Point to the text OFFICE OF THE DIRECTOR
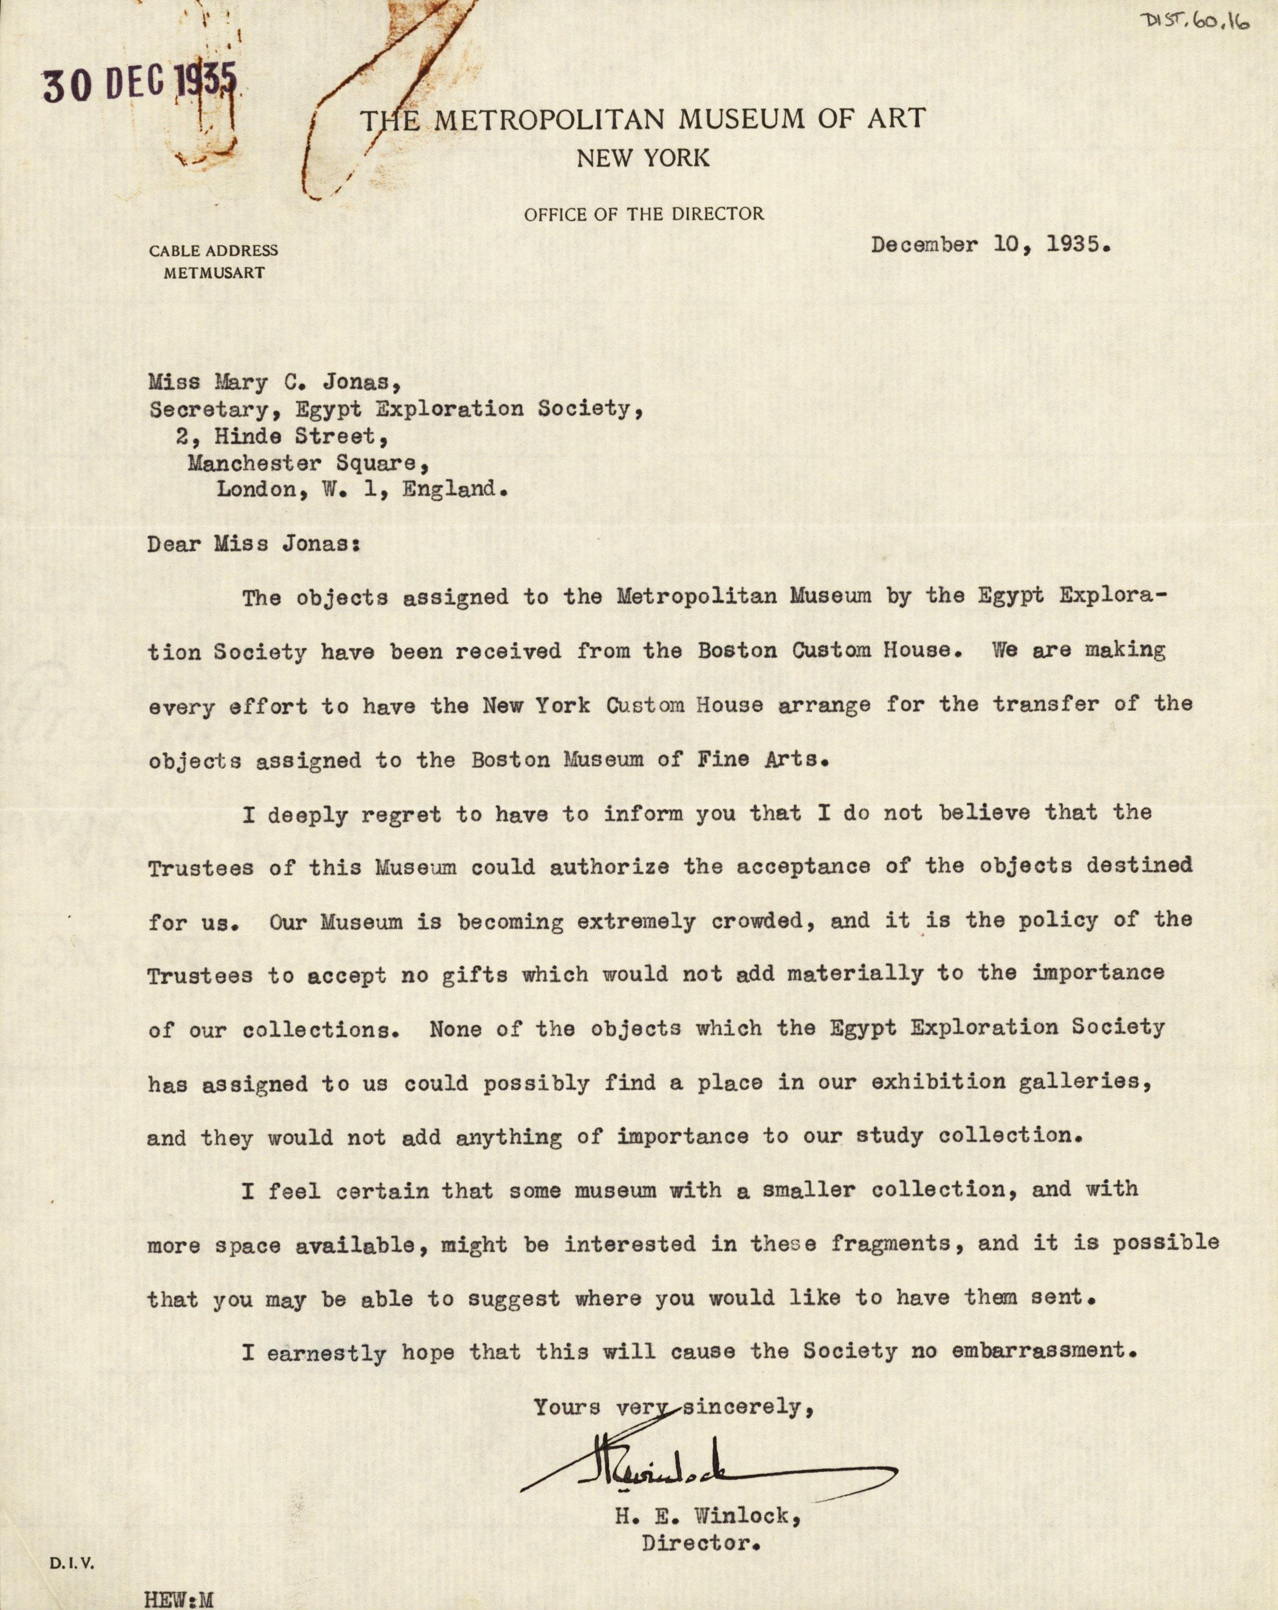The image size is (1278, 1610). (643, 214)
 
